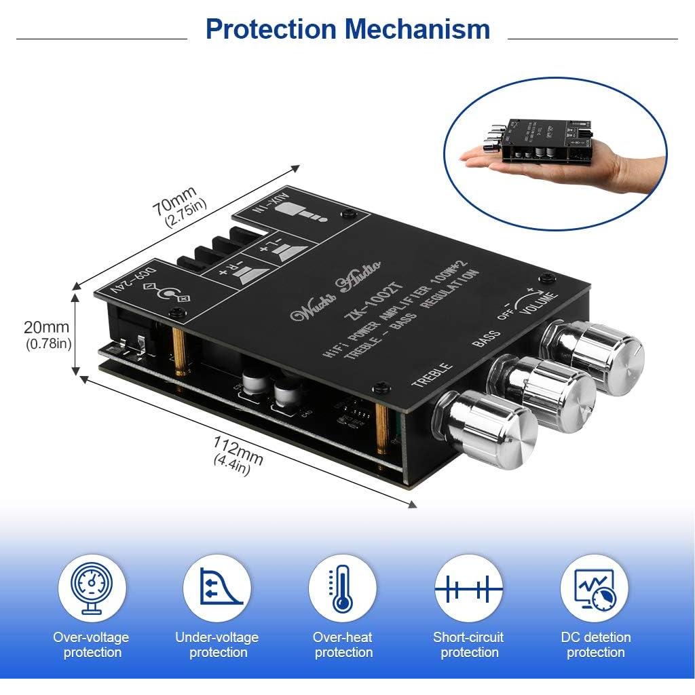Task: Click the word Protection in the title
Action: coord(271,29)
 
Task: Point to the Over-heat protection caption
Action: coord(343,645)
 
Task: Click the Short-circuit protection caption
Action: coord(468,645)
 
